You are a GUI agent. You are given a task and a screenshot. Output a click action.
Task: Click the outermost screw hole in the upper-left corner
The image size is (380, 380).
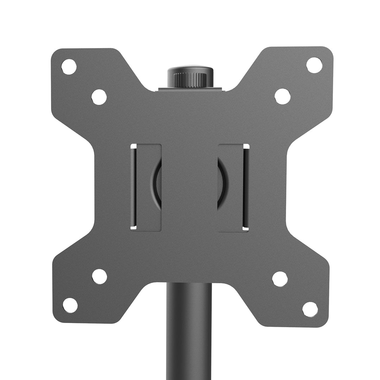pyautogui.click(x=69, y=66)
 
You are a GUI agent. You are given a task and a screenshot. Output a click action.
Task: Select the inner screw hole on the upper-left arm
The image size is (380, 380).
pyautogui.click(x=99, y=97)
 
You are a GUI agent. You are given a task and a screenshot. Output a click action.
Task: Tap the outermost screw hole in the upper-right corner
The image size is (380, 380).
pyautogui.click(x=314, y=65)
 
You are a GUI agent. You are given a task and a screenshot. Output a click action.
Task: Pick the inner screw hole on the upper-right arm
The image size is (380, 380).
pyautogui.click(x=283, y=96)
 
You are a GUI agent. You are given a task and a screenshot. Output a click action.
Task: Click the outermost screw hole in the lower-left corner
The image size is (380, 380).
pyautogui.click(x=70, y=305)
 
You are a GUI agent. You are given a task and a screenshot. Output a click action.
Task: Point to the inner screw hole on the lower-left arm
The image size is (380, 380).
pyautogui.click(x=100, y=277)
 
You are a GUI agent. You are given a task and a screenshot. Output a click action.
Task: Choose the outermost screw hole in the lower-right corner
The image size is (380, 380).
pyautogui.click(x=310, y=309)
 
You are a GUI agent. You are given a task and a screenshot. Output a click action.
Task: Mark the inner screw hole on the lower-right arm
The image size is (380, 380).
pyautogui.click(x=280, y=279)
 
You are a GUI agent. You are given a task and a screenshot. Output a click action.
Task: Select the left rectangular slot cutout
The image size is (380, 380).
pyautogui.click(x=146, y=187)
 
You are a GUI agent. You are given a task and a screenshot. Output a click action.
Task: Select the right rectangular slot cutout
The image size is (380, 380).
pyautogui.click(x=234, y=188)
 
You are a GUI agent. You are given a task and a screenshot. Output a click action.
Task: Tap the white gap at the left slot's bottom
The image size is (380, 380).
pyautogui.click(x=133, y=228)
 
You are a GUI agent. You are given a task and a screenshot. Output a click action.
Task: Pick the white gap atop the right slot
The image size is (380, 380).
pyautogui.click(x=246, y=146)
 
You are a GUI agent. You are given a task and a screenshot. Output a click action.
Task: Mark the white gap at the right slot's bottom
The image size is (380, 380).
pyautogui.click(x=246, y=229)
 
